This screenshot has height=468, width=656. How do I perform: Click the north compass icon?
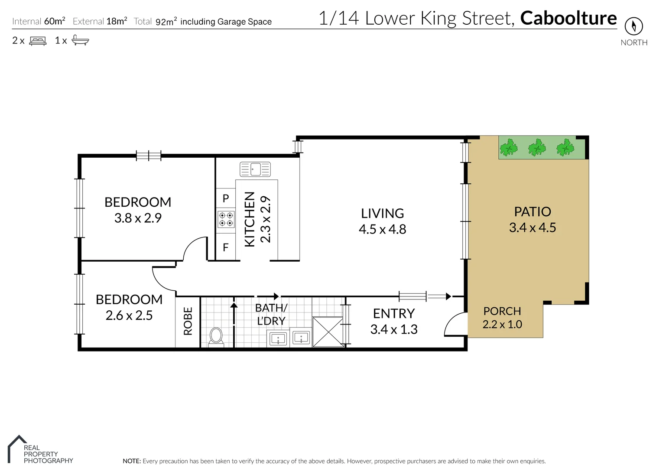(633, 26)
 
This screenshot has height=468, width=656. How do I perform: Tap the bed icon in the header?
(38, 41)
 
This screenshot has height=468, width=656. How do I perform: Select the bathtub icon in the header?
(80, 40)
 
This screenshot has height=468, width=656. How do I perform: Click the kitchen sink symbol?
(255, 169)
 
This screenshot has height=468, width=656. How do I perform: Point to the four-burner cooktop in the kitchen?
(226, 219)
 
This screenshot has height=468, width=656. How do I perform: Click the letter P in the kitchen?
(225, 198)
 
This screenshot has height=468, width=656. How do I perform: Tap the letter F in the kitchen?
(225, 247)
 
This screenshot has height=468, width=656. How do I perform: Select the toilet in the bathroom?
(216, 337)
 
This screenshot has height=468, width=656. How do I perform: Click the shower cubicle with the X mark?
(328, 332)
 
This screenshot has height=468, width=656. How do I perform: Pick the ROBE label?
(188, 321)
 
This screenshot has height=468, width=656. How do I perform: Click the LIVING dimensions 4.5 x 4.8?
(382, 229)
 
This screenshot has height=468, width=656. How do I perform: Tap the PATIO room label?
(533, 211)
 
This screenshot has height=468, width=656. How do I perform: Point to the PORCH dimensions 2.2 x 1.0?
(502, 324)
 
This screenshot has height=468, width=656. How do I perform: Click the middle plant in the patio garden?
(537, 148)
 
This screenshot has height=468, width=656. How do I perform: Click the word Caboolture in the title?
(568, 18)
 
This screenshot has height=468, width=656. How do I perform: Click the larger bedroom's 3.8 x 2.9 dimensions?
(138, 218)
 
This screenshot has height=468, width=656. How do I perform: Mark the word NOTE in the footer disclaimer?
(132, 461)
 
